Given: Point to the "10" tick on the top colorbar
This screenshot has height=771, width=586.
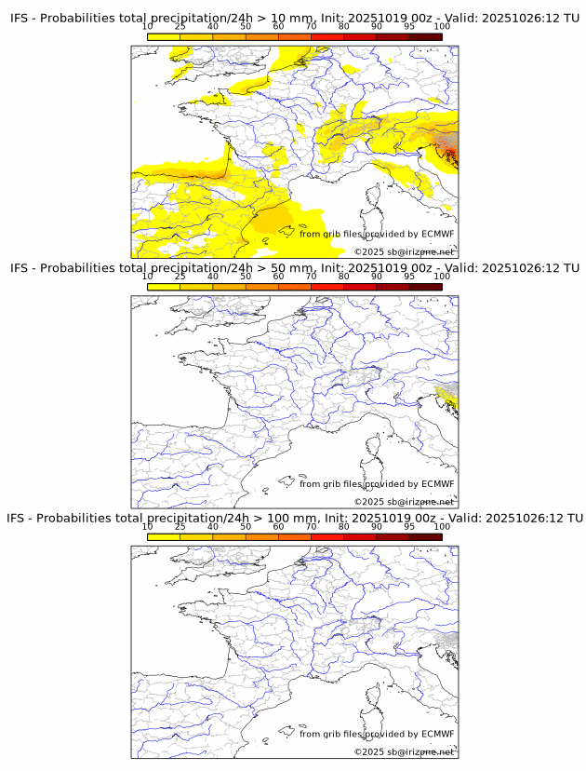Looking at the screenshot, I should coord(148,27).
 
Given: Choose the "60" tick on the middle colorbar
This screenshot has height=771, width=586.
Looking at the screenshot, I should coord(278,277).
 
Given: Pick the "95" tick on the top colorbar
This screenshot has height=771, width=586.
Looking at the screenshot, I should coord(408,27).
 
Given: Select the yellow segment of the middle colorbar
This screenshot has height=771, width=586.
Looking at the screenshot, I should coord(164,287).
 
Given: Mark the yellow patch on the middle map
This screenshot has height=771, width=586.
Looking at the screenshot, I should coord(448,399).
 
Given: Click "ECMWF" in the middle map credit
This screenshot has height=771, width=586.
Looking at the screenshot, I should coord(438,483).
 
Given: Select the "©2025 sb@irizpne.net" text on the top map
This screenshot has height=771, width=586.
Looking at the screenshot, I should coord(405,251).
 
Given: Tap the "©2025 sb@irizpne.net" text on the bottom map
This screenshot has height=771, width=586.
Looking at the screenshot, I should coord(405,751).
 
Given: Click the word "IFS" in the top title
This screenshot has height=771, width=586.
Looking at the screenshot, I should coord(20,18).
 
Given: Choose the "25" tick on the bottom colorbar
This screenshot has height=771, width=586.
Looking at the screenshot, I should coord(180,527).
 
